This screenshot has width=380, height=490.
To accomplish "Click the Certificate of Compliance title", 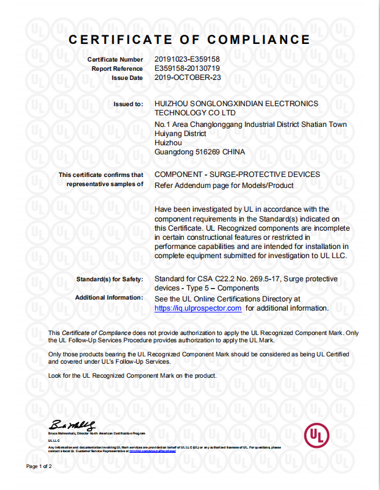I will (189, 40).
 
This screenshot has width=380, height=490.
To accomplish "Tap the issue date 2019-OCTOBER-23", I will (188, 78).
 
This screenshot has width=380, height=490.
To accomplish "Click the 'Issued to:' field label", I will (128, 104).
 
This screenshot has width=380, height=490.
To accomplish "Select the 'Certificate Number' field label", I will (115, 60).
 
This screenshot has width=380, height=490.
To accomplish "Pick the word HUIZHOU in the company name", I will (172, 104).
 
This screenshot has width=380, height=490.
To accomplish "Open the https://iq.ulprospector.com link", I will (198, 309).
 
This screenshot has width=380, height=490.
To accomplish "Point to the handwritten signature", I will (72, 425).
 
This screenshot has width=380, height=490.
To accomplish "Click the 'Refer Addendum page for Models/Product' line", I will (224, 186).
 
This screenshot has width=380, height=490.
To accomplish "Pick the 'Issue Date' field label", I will (127, 78).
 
